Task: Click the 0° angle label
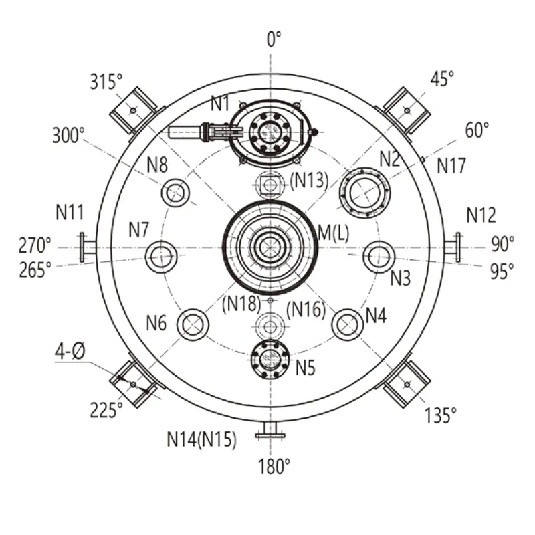(x=274, y=39)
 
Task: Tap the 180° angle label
(x=274, y=466)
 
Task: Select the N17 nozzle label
(x=451, y=166)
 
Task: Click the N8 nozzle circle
(x=175, y=193)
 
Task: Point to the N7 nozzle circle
(x=161, y=257)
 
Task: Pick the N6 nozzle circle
(x=193, y=324)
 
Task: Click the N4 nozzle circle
(x=347, y=324)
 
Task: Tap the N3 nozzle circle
(x=379, y=257)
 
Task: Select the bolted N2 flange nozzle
(x=364, y=193)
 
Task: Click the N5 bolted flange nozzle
(x=270, y=359)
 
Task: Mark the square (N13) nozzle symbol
(x=270, y=185)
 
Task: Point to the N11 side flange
(x=88, y=247)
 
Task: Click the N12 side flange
(x=453, y=247)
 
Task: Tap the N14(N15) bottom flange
(x=270, y=430)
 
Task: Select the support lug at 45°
(x=405, y=111)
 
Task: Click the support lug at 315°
(x=135, y=111)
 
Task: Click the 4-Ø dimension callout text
(x=70, y=351)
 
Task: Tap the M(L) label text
(x=333, y=233)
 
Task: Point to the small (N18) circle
(x=270, y=300)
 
